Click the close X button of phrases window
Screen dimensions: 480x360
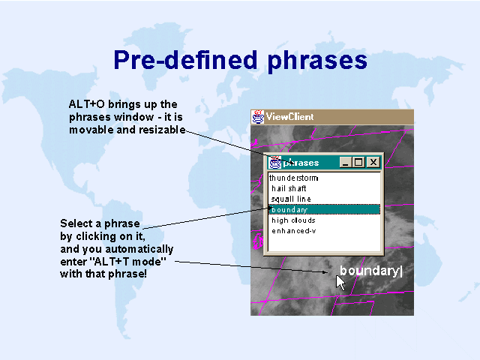[373, 162]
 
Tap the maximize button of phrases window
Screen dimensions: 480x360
[358, 162]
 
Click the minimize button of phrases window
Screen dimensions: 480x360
[346, 162]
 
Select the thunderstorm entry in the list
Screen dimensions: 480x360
[293, 178]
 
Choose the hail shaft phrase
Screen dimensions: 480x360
[289, 188]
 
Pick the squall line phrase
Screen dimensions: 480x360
[291, 199]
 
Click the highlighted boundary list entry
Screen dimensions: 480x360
[324, 209]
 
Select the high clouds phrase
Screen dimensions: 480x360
[293, 220]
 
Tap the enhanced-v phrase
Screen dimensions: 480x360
[294, 231]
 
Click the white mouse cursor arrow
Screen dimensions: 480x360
[340, 282]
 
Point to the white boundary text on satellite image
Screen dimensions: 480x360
[371, 271]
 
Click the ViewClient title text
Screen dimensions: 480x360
[289, 117]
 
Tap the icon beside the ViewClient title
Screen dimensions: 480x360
[258, 117]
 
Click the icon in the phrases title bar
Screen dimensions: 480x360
[275, 162]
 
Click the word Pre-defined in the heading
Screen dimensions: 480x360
[185, 60]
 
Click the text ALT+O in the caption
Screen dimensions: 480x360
[87, 104]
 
